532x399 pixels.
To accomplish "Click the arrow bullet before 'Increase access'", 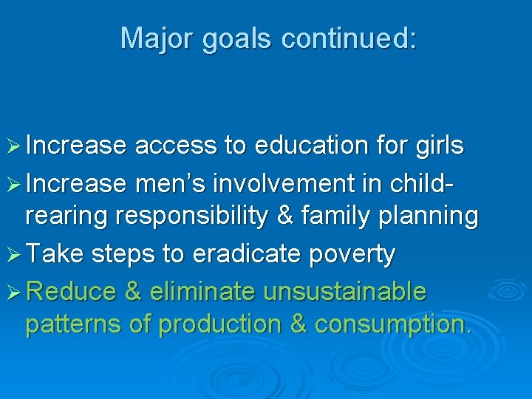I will [x=14, y=146].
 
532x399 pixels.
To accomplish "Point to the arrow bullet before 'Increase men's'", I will [x=14, y=182].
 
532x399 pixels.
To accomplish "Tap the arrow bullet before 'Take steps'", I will [x=14, y=254].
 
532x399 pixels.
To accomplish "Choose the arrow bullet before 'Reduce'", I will [x=14, y=291].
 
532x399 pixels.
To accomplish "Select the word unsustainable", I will [x=345, y=291].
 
